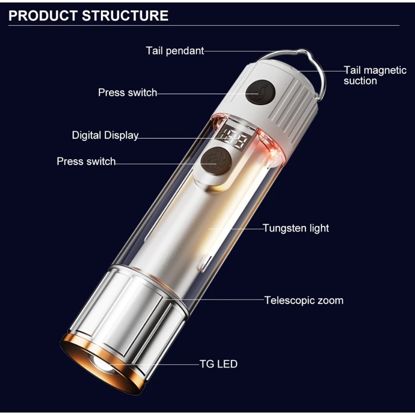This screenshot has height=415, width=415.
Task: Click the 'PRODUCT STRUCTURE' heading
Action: pyautogui.click(x=89, y=16)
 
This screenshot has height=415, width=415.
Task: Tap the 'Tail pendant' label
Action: pyautogui.click(x=174, y=51)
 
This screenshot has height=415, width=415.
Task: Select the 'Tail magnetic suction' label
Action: pyautogui.click(x=375, y=75)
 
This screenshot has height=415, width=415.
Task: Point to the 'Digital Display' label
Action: pyautogui.click(x=105, y=135)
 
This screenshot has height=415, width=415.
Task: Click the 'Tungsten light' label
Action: pyautogui.click(x=296, y=228)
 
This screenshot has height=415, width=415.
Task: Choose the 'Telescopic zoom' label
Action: pyautogui.click(x=304, y=300)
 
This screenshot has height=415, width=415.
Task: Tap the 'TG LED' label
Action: pyautogui.click(x=218, y=364)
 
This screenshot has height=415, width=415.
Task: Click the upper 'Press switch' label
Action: pyautogui.click(x=127, y=93)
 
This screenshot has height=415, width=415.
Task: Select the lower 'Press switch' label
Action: pyautogui.click(x=86, y=162)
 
